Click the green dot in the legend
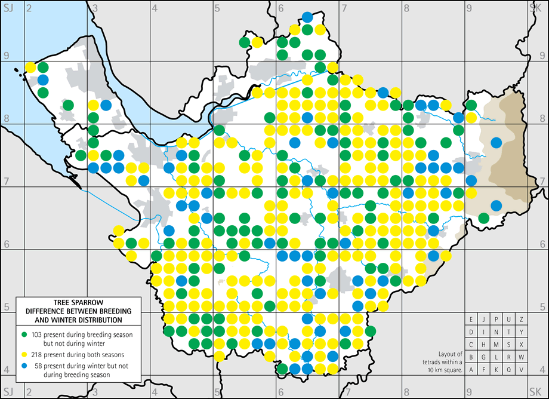[24, 335]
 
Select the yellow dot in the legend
[24, 355]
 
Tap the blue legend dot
[24, 366]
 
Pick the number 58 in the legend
[35, 366]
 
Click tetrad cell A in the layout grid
[471, 370]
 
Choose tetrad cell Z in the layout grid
[522, 320]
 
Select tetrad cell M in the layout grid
[496, 345]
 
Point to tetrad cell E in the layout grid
[471, 320]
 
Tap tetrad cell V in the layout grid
[522, 370]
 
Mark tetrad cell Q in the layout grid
[509, 370]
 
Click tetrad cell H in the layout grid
[484, 345]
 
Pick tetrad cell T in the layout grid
[509, 332]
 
